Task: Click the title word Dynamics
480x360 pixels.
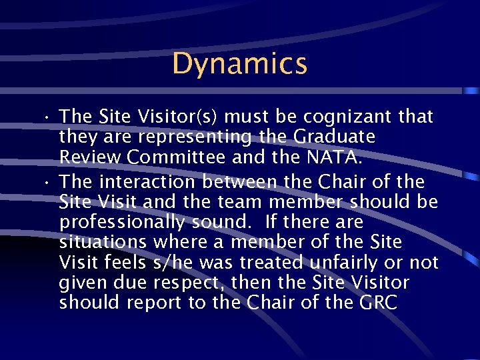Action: [x=239, y=64]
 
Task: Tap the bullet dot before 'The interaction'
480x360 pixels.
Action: [x=49, y=182]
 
